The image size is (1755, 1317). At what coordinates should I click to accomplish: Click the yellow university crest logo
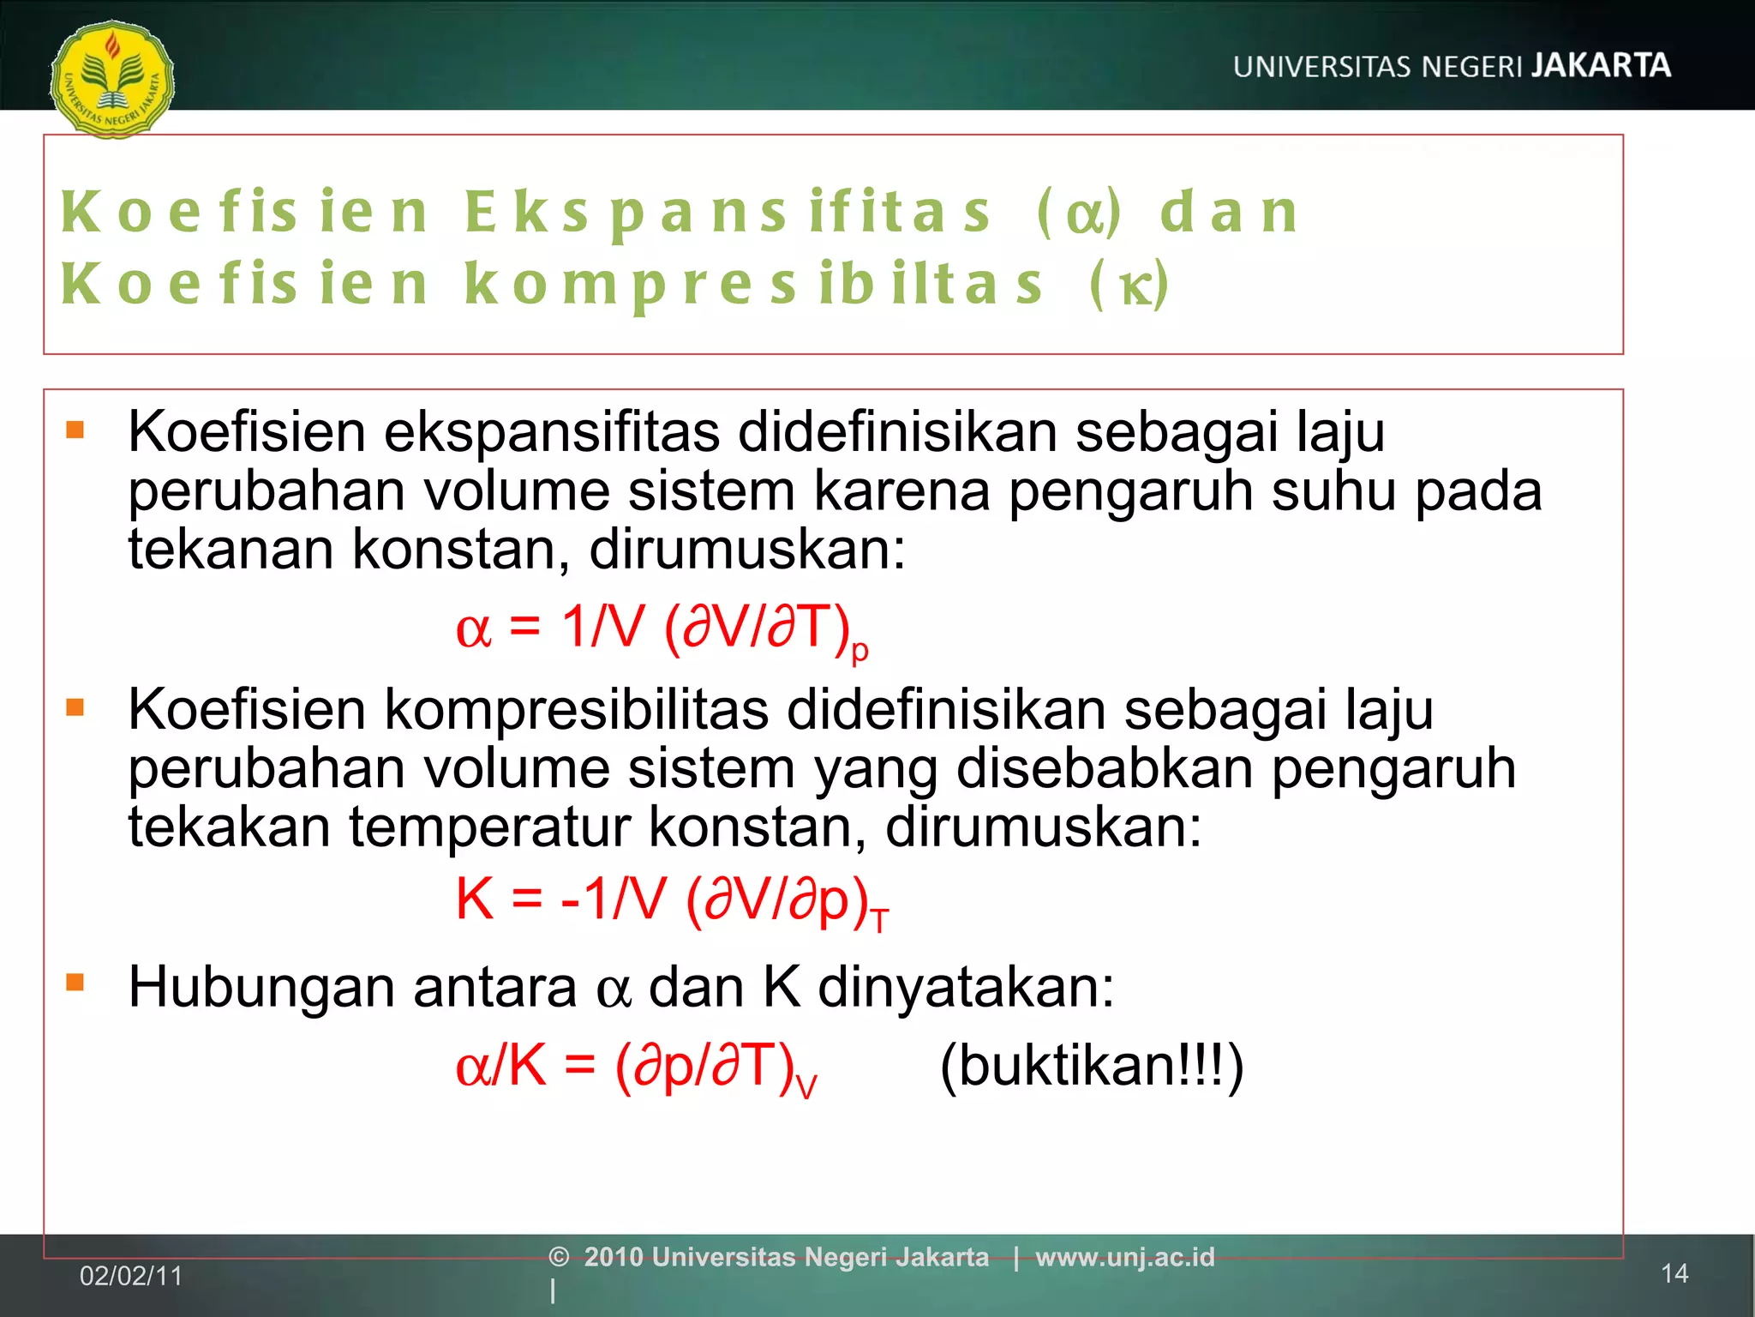[x=112, y=79]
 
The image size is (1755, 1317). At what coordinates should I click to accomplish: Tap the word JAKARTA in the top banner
[x=1601, y=66]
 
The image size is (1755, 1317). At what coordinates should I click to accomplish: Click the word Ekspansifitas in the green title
[x=728, y=212]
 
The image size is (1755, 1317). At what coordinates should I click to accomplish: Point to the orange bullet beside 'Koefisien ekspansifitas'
[x=75, y=429]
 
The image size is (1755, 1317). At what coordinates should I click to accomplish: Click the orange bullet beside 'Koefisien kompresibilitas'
[x=75, y=707]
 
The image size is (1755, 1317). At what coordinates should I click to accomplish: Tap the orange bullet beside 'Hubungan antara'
[x=75, y=982]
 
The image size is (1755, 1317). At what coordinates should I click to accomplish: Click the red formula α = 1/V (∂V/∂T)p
[x=662, y=628]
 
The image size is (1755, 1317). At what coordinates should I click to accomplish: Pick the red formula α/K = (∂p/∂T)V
[x=637, y=1067]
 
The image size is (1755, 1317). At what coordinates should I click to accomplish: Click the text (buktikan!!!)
[x=1092, y=1066]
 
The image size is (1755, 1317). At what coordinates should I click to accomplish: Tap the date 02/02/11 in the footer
[x=131, y=1276]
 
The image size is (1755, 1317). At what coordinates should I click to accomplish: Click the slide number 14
[x=1674, y=1274]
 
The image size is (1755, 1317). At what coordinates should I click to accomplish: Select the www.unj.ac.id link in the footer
[x=1125, y=1257]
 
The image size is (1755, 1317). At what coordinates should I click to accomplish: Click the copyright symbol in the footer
[x=559, y=1257]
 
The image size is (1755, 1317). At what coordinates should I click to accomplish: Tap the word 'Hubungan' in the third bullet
[x=261, y=988]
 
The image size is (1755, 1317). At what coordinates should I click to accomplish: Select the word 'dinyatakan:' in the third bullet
[x=966, y=988]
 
